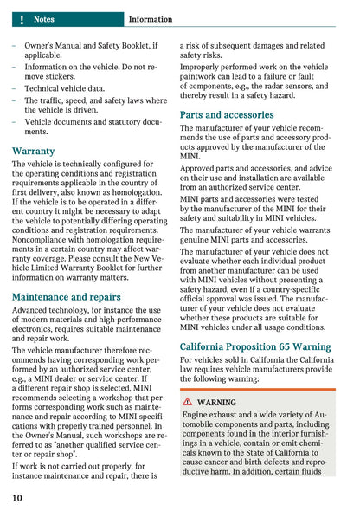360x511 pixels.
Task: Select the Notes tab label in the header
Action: click(43, 18)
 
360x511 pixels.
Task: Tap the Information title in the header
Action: click(150, 18)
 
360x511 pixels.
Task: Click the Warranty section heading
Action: click(34, 151)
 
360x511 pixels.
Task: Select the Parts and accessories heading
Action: click(227, 114)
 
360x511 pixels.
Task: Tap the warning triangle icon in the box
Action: click(188, 403)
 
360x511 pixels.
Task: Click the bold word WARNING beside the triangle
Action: click(216, 403)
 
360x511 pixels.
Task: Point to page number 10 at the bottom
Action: click(17, 498)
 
